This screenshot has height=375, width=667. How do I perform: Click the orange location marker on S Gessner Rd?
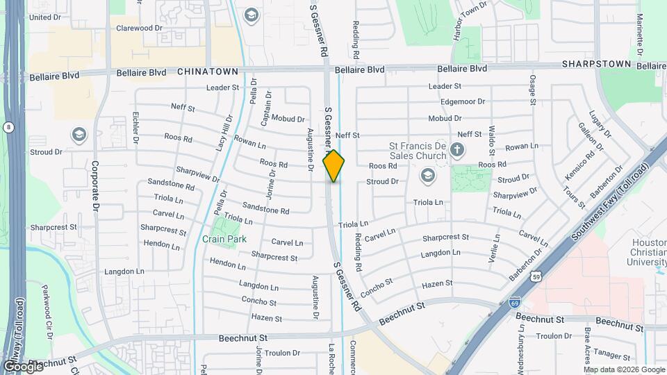(333, 166)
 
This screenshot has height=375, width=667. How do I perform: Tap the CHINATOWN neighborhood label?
(208, 72)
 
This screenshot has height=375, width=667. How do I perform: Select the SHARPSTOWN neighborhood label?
(597, 64)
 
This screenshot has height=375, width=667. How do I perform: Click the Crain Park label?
(224, 239)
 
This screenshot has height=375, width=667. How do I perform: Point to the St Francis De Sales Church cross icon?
(457, 148)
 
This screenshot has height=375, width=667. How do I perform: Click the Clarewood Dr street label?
(139, 28)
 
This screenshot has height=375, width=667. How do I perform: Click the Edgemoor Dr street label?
(462, 101)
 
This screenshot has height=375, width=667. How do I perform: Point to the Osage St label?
(533, 90)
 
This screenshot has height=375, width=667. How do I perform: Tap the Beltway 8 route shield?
(8, 127)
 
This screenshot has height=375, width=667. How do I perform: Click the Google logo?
(23, 366)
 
